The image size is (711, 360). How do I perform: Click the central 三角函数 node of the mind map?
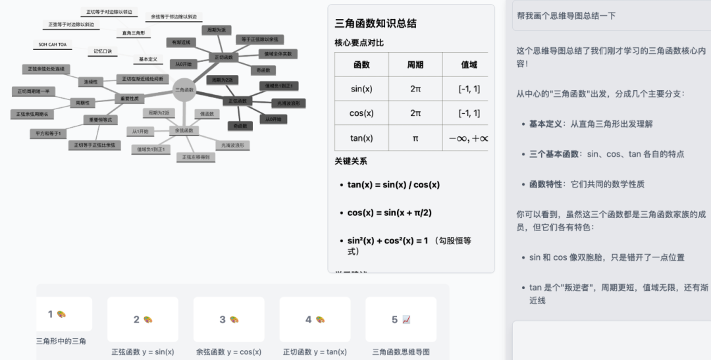(x=184, y=90)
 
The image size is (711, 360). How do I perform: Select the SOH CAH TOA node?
(x=53, y=45)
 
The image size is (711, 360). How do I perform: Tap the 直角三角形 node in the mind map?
(x=134, y=32)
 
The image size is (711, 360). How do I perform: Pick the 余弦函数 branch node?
(x=184, y=130)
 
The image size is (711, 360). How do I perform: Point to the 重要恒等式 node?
(x=101, y=120)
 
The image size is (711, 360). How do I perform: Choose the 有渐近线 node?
(x=181, y=42)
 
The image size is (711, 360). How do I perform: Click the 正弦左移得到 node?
(x=196, y=157)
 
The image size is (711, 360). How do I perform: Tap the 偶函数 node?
(x=207, y=114)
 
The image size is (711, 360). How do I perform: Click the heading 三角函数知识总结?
(x=375, y=24)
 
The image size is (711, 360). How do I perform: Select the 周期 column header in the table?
(x=415, y=64)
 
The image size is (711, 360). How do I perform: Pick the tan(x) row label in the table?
(x=361, y=138)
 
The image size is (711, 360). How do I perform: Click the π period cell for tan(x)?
(x=415, y=138)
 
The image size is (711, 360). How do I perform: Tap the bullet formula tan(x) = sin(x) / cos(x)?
(x=393, y=185)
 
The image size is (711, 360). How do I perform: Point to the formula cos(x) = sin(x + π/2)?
(x=389, y=213)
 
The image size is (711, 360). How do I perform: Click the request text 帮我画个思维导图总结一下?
(x=566, y=16)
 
